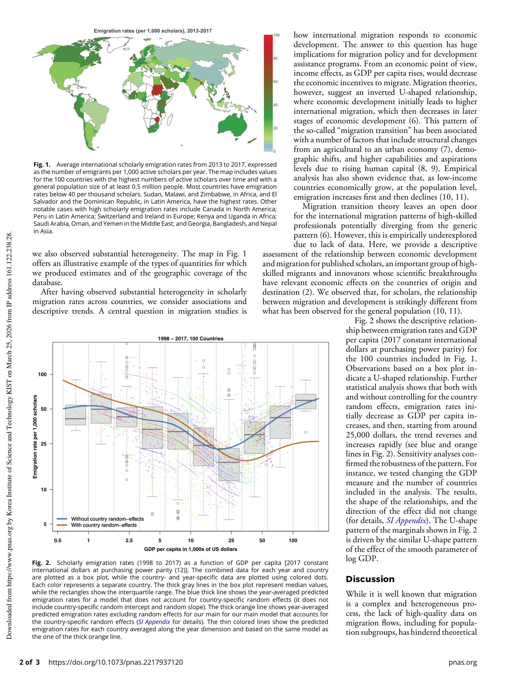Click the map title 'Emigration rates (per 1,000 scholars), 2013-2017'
pos(153,31)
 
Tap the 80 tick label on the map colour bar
pos(275,58)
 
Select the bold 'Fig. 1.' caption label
pos(42,165)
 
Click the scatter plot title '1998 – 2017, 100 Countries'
pos(190,338)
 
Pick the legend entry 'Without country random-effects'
pos(107,519)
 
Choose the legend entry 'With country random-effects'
pos(104,525)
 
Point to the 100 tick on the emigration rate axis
pos(42,375)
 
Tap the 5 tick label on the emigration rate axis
pos(45,524)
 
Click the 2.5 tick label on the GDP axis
pos(129,541)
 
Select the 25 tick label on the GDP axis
pos(231,541)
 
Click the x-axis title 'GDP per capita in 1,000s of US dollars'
pos(190,549)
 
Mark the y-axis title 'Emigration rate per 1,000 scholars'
pos(35,437)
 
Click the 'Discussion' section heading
pos(370,579)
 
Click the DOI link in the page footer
pos(116,662)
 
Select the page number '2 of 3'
pos(30,662)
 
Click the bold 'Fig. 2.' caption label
pos(41,563)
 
